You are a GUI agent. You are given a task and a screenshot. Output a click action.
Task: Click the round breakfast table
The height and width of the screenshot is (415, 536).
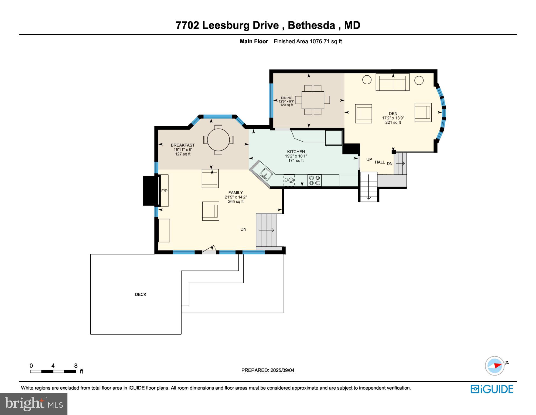coord(218,140)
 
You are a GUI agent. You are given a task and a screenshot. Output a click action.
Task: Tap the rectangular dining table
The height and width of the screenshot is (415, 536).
coord(313,100)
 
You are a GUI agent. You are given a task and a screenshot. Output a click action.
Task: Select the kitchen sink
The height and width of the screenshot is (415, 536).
coord(265,173)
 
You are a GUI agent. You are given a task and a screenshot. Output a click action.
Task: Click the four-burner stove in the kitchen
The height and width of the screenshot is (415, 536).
coord(315,180)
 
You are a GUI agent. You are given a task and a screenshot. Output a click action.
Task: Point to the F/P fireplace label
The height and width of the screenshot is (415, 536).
coord(164,191)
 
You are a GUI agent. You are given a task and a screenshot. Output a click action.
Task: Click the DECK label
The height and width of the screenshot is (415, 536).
coord(141,294)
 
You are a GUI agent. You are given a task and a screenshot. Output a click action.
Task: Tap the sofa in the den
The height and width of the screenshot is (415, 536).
coord(392,83)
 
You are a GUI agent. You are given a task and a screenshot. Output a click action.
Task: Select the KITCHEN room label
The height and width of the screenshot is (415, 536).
coord(296,152)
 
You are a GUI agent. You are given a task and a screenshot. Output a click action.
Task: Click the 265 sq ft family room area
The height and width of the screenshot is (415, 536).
coord(236,202)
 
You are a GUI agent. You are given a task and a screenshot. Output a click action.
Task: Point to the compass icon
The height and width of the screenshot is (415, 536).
coord(495,366)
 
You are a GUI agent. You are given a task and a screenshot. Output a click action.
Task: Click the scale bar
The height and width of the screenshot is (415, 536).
coord(53,372)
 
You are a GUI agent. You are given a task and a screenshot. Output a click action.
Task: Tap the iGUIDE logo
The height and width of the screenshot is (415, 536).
coord(492,389)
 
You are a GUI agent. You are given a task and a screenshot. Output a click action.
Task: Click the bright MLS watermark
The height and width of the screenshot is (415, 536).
coord(34,404)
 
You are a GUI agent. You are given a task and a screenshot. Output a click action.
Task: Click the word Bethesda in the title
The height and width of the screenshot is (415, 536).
coord(311,25)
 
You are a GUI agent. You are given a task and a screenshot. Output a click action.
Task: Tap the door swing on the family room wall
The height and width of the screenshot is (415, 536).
coord(210,250)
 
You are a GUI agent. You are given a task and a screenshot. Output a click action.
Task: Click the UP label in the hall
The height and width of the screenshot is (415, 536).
coord(369,159)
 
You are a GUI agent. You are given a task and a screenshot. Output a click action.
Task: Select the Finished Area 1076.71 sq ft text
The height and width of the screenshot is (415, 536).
coord(308,41)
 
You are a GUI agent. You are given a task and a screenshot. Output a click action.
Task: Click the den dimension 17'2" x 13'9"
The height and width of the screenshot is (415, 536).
coord(393,118)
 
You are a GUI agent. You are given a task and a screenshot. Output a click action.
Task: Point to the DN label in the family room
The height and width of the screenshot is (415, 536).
coord(243,229)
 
